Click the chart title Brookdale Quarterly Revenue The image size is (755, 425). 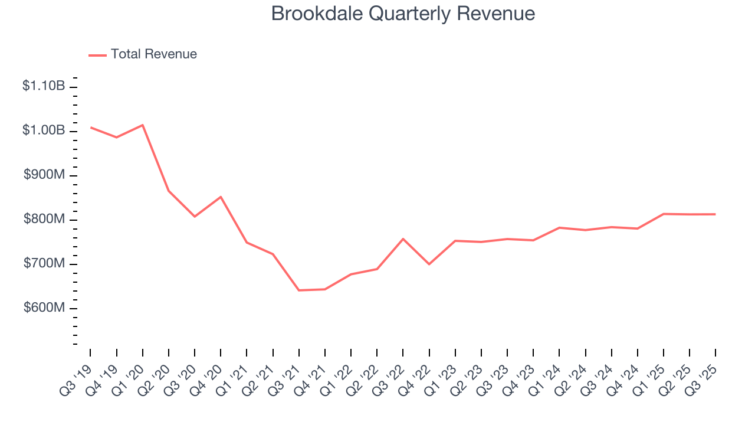403,14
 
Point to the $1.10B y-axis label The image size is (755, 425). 44,86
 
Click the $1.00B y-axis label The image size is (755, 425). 44,130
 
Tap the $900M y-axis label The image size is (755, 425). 44,175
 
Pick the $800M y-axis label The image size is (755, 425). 44,220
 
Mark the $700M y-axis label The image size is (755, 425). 44,264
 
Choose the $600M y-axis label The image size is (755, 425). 44,308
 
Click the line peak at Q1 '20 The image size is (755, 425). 143,125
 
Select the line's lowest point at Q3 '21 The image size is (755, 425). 299,290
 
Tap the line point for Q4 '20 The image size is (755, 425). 221,197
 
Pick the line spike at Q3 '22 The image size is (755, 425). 403,239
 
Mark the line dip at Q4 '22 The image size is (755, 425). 429,264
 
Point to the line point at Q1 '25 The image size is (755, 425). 664,214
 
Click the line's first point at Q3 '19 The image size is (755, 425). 91,127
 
